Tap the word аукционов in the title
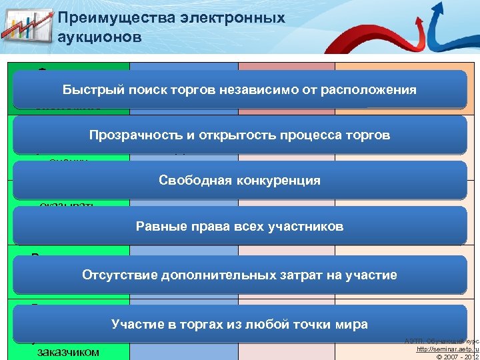(100, 37)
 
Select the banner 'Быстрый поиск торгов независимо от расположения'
(239, 90)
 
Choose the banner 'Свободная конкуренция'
(239, 181)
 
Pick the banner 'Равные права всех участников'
(239, 227)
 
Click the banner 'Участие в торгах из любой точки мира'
(239, 325)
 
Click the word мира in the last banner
(354, 325)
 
